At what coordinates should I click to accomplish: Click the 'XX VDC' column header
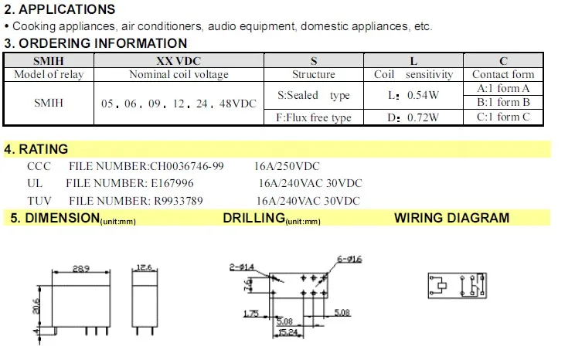[x=179, y=61]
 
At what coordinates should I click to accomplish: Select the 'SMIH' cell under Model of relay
[x=49, y=103]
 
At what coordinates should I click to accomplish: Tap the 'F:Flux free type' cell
[x=314, y=117]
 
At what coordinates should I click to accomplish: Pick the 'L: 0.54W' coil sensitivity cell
[x=413, y=95]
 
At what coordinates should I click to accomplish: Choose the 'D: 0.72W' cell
[x=413, y=117]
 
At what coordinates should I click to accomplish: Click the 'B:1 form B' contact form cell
[x=503, y=102]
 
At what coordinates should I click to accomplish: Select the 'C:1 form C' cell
[x=503, y=117]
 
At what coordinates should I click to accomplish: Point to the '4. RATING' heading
[x=36, y=149]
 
